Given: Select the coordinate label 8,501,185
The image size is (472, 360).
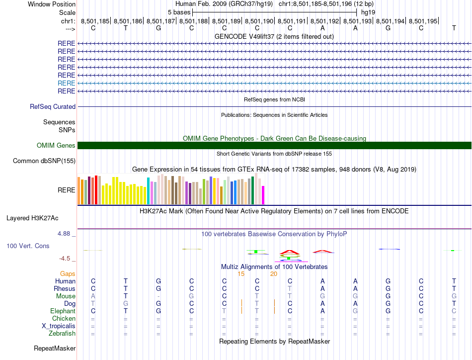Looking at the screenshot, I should [95, 21].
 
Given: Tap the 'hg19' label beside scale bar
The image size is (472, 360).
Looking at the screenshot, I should [368, 12].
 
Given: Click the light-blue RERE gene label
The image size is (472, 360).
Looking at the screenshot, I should [67, 83].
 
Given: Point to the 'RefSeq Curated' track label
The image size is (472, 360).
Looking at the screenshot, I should [53, 106].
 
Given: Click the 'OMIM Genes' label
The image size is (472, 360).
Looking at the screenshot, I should [56, 145].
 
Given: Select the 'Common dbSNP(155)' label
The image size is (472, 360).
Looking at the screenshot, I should [44, 161].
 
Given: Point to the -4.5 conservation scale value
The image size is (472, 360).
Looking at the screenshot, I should [66, 258].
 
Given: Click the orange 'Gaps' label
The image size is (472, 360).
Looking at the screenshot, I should [68, 273].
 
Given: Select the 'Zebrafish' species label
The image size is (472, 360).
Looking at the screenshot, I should [61, 333].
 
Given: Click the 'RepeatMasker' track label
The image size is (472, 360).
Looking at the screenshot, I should [55, 348].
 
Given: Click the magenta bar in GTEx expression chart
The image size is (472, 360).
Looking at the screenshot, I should [263, 194].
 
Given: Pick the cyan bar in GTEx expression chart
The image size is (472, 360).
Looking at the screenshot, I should [148, 190].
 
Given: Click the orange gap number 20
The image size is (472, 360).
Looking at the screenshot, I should [274, 273].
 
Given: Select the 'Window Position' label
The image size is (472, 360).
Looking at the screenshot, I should [52, 4].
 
